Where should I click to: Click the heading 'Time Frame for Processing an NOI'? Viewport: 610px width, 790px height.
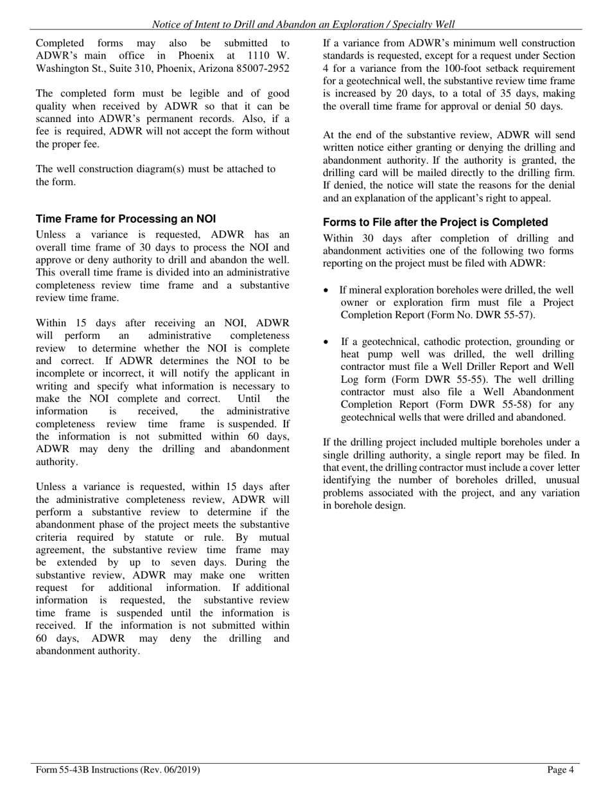(x=126, y=219)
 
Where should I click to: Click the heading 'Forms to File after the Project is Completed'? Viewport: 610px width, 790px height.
(x=435, y=222)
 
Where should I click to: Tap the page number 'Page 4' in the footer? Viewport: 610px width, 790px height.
(x=560, y=769)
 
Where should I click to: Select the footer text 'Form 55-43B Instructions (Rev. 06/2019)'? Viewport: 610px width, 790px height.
(x=118, y=769)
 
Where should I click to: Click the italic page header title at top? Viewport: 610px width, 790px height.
(x=303, y=24)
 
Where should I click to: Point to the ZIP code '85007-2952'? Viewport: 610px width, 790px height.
(x=265, y=68)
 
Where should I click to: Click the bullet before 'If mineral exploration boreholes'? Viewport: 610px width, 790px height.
(x=327, y=291)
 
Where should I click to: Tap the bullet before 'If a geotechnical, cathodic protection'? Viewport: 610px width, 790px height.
(x=327, y=342)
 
